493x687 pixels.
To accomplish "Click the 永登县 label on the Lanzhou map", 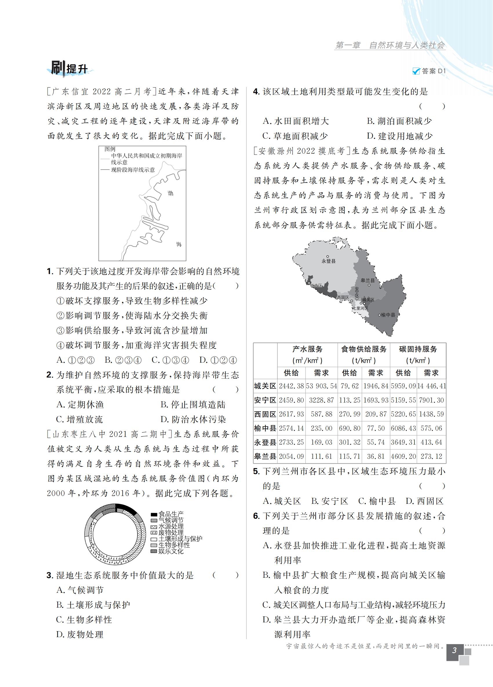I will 329,261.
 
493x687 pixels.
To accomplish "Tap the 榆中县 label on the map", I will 388,315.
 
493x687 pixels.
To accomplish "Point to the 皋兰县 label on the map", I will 368,281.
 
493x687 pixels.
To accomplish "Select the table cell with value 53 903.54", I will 321,386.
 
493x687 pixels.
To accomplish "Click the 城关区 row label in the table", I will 265,386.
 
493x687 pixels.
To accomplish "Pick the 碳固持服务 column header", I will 418,349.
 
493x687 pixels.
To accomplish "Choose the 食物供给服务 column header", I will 364,349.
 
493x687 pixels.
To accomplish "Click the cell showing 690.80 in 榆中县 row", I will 350,428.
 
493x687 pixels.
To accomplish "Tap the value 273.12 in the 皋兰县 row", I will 431,456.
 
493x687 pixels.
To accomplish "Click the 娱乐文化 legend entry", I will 171,551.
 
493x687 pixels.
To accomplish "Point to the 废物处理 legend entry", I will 171,533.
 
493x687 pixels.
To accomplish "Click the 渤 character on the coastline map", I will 170,193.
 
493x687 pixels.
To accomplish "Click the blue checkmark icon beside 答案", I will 416,71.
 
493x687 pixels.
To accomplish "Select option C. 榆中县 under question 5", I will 377,501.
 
